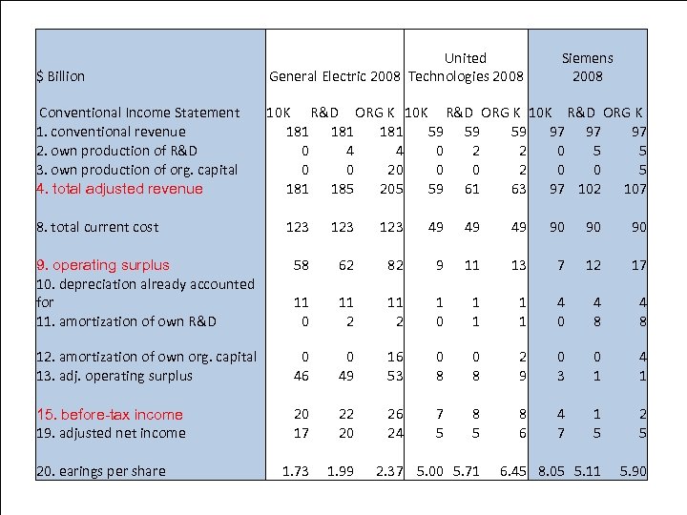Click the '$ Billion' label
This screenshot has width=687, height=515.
tap(60, 76)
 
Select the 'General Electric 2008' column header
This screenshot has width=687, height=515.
tap(337, 76)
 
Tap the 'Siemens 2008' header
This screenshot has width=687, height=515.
tap(588, 67)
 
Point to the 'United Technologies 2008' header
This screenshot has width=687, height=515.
tap(466, 67)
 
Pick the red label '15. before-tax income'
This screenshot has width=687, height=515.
tap(109, 414)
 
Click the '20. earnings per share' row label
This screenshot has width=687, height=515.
tap(100, 471)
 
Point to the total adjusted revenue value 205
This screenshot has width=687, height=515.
tap(391, 189)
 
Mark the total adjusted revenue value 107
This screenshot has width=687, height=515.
tap(635, 189)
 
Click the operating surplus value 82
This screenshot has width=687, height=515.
tap(395, 265)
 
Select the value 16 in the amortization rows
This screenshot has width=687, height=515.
tap(395, 357)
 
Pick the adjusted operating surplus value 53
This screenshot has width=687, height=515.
tap(395, 376)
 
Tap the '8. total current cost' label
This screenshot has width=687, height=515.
tap(97, 227)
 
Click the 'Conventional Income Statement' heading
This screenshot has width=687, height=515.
tap(139, 113)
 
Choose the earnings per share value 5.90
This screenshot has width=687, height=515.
tap(633, 471)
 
